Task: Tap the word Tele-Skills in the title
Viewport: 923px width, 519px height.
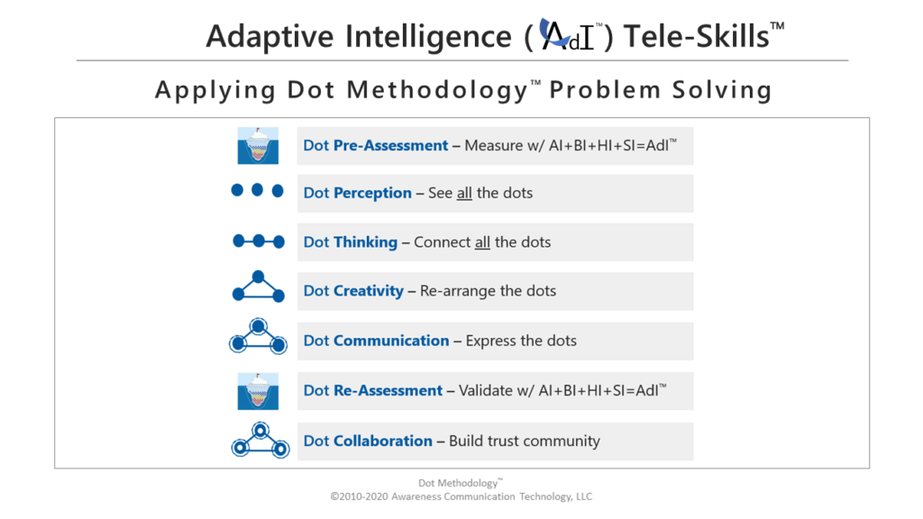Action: click(x=697, y=36)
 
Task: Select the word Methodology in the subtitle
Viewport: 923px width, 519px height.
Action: click(x=437, y=91)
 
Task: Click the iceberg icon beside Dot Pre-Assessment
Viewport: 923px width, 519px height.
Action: click(x=258, y=145)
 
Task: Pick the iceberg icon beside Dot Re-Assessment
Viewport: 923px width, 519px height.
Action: click(x=258, y=391)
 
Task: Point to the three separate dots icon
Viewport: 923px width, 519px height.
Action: click(x=257, y=190)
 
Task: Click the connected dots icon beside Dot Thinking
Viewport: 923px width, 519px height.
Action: click(x=259, y=241)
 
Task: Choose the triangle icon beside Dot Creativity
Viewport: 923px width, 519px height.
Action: click(x=259, y=287)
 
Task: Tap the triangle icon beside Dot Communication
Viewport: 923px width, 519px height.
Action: click(x=259, y=337)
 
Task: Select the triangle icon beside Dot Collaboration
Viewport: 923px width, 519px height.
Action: click(x=260, y=440)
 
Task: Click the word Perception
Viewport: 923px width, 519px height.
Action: click(x=372, y=193)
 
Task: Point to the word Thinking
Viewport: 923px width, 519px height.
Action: click(x=366, y=242)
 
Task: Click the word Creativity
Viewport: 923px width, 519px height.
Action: click(x=369, y=291)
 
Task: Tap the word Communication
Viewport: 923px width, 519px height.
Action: click(x=391, y=341)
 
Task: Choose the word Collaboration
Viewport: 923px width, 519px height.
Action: click(x=382, y=441)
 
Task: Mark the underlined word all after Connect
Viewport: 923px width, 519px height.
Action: click(x=483, y=242)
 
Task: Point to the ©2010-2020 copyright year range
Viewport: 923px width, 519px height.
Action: click(x=359, y=496)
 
